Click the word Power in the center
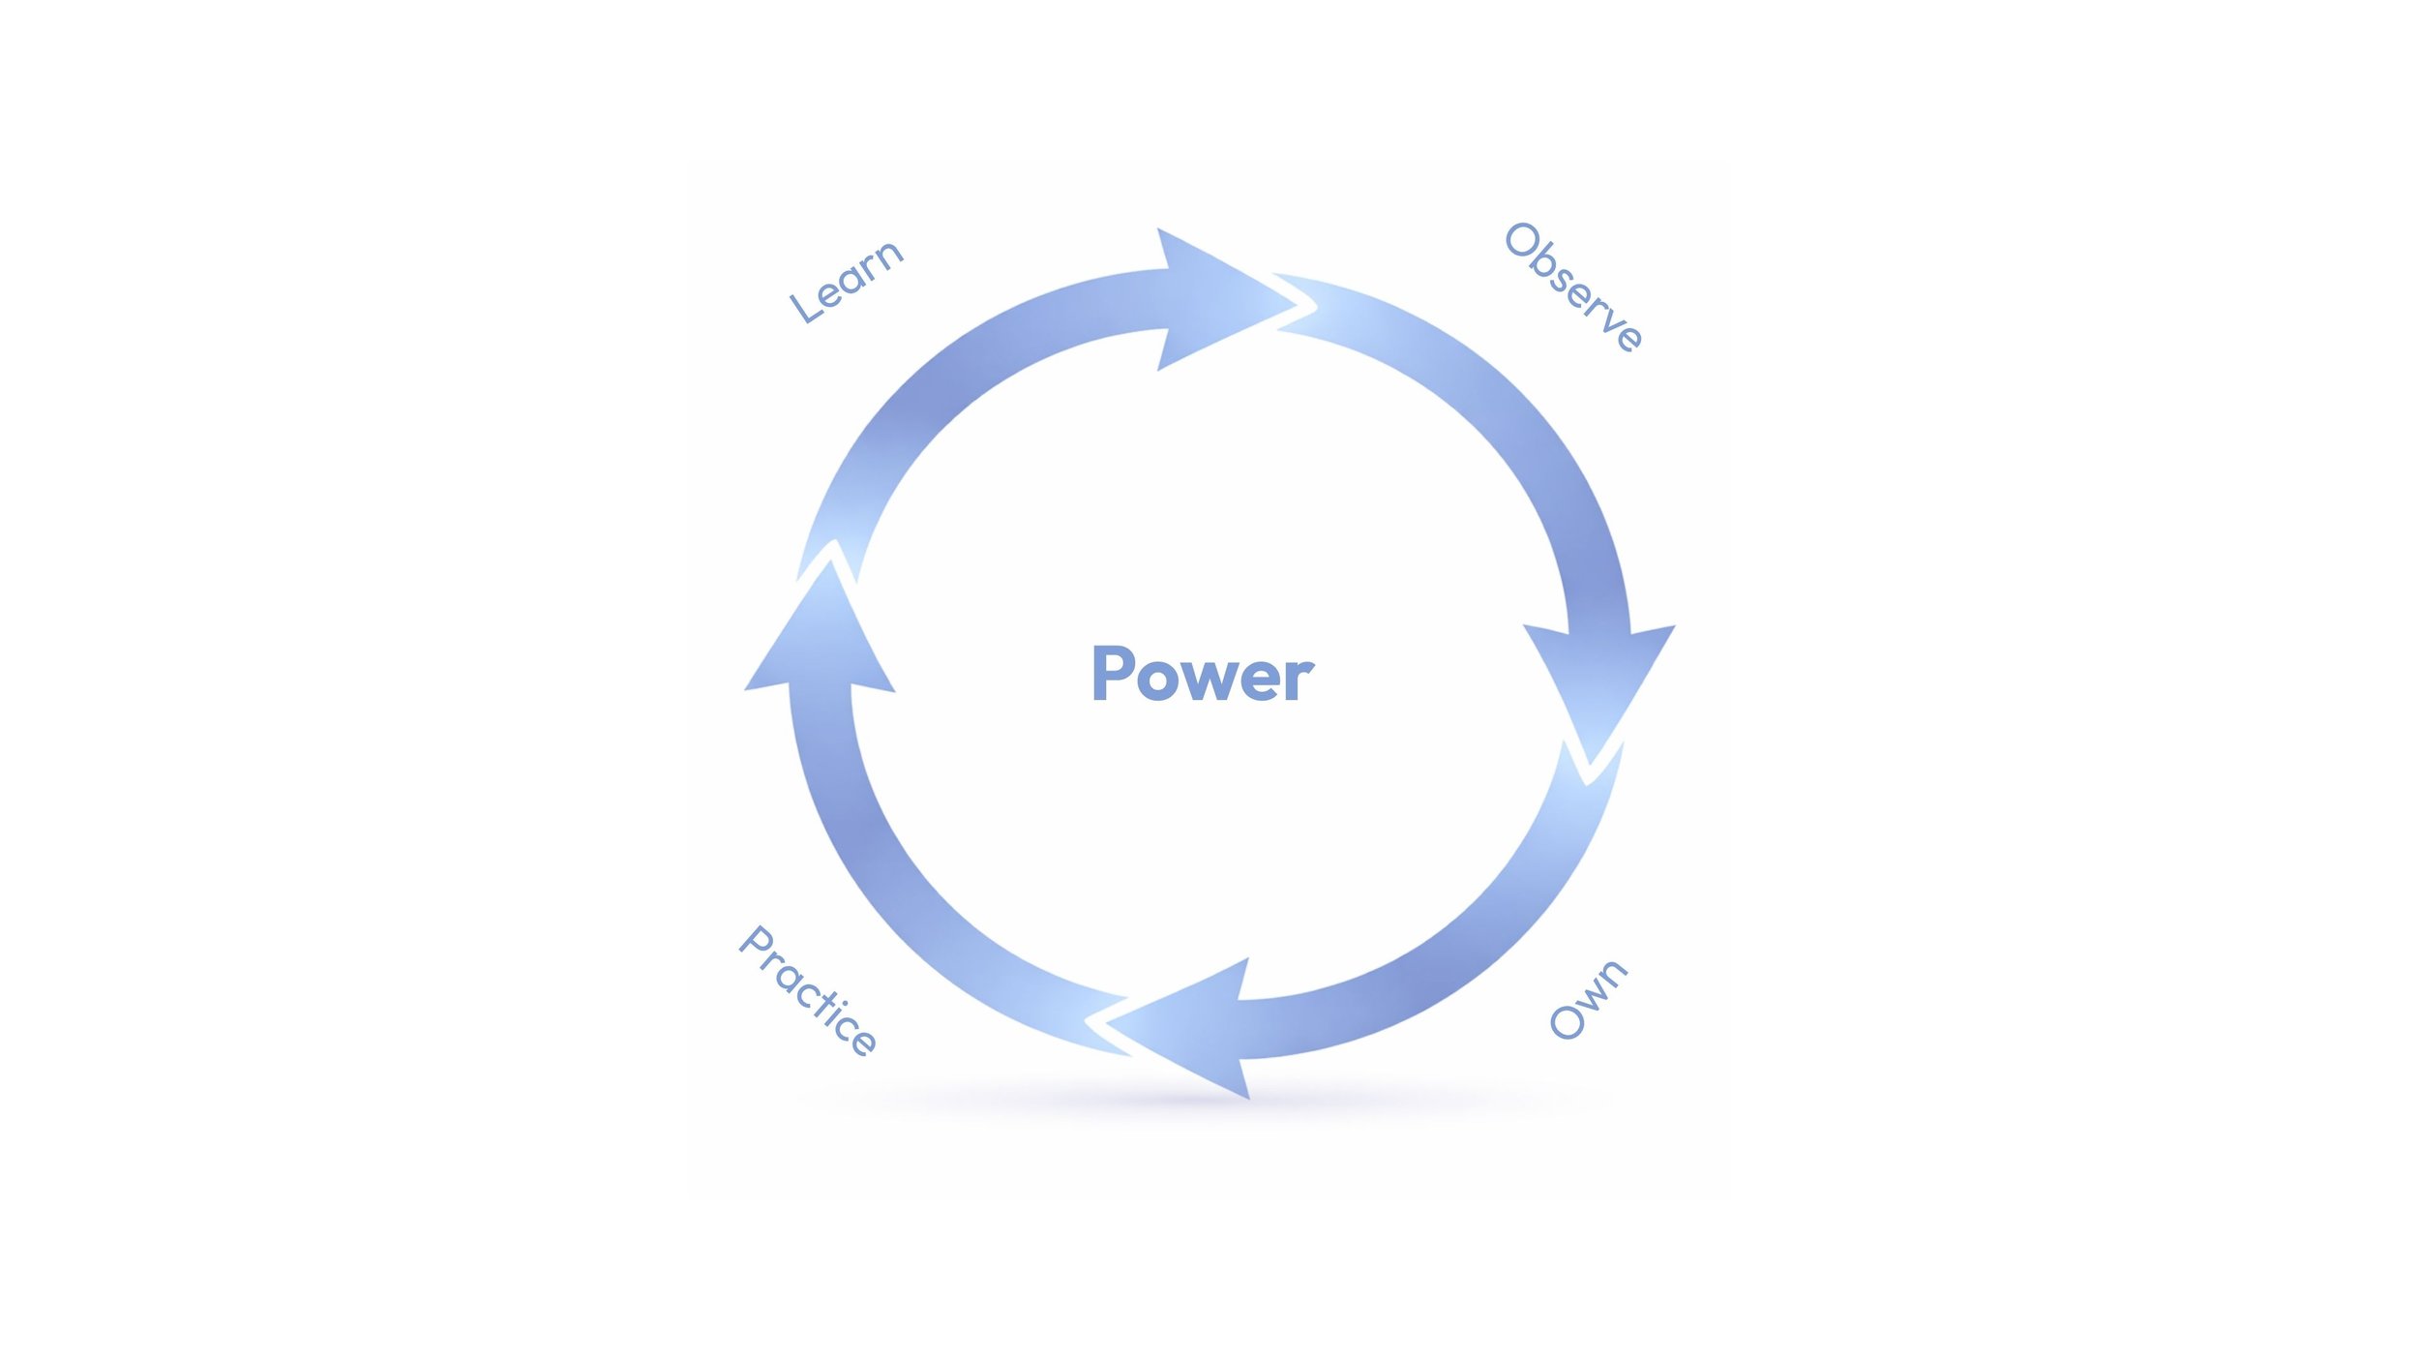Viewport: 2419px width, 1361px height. [1202, 675]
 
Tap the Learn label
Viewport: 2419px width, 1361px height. [846, 282]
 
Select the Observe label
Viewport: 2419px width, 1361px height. [1573, 287]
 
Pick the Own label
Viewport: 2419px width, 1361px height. [1588, 1000]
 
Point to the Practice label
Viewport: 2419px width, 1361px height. [808, 989]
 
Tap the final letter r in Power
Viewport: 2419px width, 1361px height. [1300, 680]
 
